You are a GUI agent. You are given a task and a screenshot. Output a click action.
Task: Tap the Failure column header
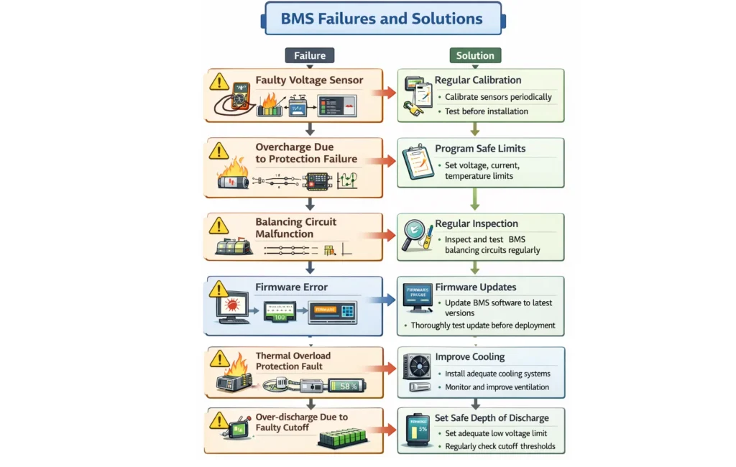tap(310, 55)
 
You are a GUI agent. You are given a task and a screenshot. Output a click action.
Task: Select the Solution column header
tap(475, 55)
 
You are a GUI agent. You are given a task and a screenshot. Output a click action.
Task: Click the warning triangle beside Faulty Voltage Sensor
tap(219, 81)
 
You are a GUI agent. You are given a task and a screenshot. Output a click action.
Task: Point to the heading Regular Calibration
tap(477, 80)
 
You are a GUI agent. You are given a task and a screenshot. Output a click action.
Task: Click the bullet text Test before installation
tap(486, 111)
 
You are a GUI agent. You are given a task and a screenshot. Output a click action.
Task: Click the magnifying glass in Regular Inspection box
tap(416, 234)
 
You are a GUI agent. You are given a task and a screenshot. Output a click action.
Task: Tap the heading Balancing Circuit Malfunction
tap(295, 228)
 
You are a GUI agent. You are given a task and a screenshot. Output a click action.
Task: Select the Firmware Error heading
tap(291, 287)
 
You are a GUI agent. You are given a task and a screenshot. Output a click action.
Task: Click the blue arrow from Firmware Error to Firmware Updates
tap(385, 300)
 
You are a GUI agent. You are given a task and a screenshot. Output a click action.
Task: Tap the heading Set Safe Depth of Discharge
tap(492, 418)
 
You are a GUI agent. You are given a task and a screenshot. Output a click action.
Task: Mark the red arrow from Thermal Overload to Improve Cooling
tap(385, 369)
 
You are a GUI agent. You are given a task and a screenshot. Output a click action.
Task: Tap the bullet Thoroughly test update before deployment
tap(482, 325)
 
